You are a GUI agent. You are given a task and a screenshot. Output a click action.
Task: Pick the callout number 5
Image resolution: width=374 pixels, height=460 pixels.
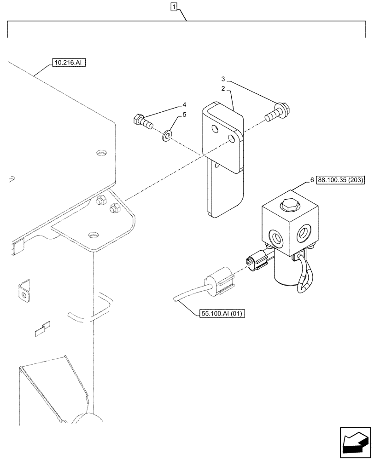tap(184, 115)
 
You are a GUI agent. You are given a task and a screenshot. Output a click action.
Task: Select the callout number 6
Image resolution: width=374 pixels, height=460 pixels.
tap(312, 180)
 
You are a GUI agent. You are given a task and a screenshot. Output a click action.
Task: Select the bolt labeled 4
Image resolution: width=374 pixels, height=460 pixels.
tap(143, 122)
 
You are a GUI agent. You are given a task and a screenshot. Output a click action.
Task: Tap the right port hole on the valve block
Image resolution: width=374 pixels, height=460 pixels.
tap(306, 233)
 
